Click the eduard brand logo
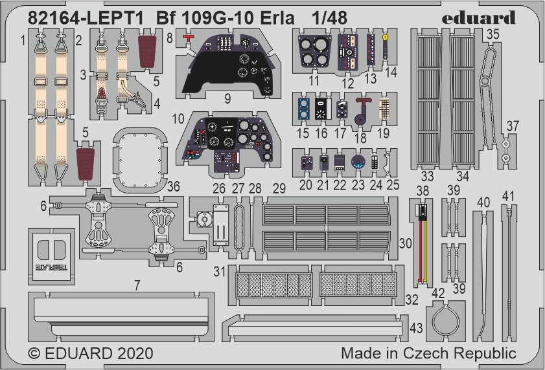[479, 18]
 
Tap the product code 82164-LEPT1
[86, 18]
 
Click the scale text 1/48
[329, 18]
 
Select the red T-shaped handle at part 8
[188, 38]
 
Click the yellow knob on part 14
[385, 36]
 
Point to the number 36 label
[174, 186]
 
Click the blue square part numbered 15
[304, 109]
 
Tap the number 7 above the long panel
[137, 285]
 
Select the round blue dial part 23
[358, 162]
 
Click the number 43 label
[416, 328]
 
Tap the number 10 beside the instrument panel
[178, 119]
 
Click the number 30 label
[405, 243]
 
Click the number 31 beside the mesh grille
[219, 272]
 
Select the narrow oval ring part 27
[238, 227]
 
